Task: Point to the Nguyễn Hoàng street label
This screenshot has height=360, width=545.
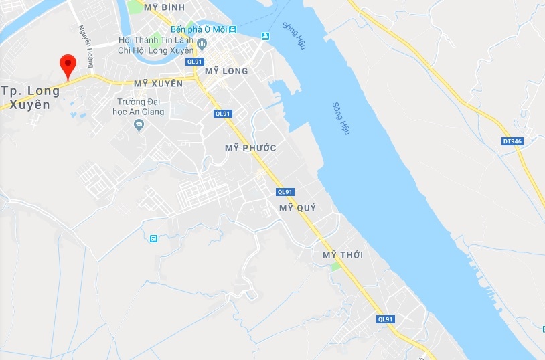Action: (85, 46)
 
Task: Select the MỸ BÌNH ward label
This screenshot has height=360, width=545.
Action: (165, 7)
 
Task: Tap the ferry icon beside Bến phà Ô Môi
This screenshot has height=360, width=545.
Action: (232, 30)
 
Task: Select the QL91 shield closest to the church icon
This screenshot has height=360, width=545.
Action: (195, 62)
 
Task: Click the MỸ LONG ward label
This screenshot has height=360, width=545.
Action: (226, 71)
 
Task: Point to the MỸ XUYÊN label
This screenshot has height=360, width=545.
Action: (158, 84)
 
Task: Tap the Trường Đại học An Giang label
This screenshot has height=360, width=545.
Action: (138, 108)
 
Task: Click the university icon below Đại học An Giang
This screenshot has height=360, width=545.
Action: (139, 125)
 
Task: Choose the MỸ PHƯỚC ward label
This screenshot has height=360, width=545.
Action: (250, 147)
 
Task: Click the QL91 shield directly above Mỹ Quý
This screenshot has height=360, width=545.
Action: (285, 192)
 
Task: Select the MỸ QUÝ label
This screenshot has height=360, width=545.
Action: (297, 208)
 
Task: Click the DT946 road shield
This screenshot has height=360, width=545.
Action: (512, 141)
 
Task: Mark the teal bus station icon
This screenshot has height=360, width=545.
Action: (154, 238)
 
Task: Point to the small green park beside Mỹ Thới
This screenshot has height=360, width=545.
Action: (335, 266)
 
